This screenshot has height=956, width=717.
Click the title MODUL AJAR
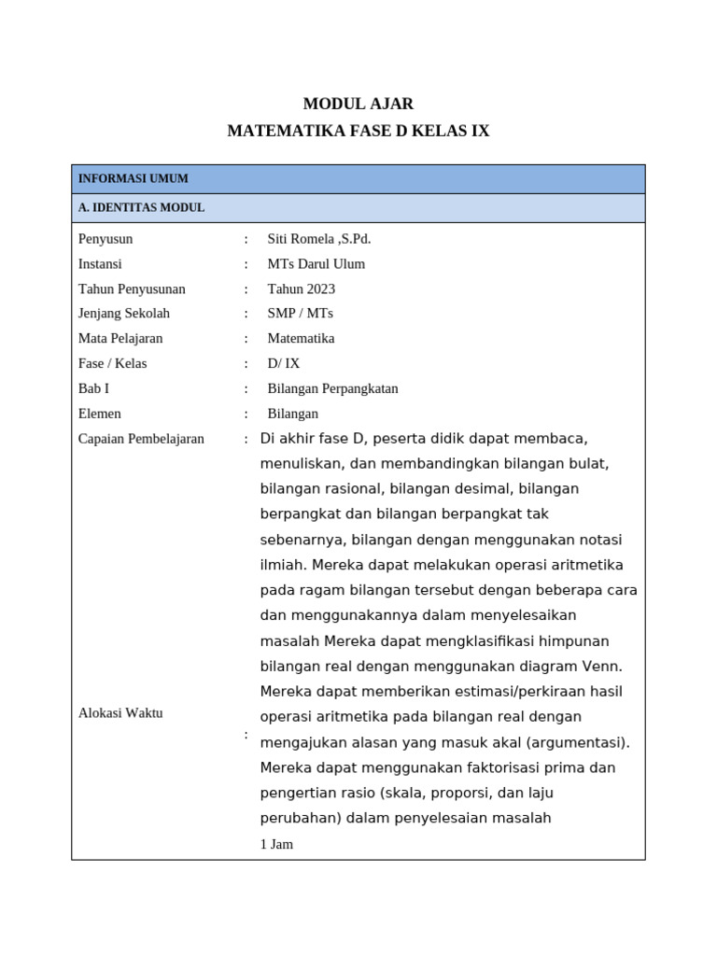[x=358, y=104]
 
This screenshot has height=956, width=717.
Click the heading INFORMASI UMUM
[x=134, y=178]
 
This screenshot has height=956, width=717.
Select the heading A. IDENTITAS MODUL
[x=141, y=207]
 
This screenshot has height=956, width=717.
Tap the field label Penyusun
[x=105, y=239]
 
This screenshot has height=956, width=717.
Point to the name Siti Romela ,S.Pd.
[x=319, y=239]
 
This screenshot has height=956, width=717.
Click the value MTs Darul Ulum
[x=316, y=264]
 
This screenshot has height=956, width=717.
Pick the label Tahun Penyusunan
[x=132, y=289]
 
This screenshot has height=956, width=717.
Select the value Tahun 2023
[x=302, y=289]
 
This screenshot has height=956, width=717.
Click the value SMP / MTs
[x=301, y=314]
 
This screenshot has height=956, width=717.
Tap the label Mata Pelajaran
[x=121, y=339]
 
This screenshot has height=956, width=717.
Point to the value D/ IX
[x=284, y=364]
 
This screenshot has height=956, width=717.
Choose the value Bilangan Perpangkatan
[x=333, y=388]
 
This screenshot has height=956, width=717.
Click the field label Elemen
[x=100, y=414]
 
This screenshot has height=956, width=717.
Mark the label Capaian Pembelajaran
[x=141, y=439]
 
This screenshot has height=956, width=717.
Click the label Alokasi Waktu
[x=120, y=713]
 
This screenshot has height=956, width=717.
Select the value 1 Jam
[x=276, y=844]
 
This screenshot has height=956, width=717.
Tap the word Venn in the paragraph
[x=602, y=667]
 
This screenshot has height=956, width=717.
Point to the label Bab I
[x=93, y=388]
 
